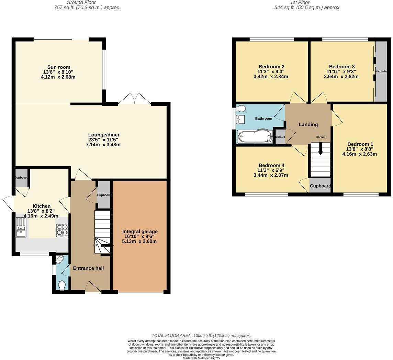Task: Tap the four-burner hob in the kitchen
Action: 62,230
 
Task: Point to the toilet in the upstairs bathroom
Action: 241,109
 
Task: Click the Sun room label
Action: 59,67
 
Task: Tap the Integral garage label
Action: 140,232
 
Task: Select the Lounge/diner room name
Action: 104,135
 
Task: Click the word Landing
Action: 308,124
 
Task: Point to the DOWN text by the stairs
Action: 321,137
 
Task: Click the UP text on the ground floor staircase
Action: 95,245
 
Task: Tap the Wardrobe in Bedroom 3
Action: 381,71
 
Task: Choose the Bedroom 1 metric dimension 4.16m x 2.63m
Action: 359,154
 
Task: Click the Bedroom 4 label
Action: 271,165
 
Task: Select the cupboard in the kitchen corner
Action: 21,178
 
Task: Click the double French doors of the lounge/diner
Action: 134,99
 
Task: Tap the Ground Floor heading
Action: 87,2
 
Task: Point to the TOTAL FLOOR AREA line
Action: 201,335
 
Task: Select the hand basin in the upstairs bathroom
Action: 240,119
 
